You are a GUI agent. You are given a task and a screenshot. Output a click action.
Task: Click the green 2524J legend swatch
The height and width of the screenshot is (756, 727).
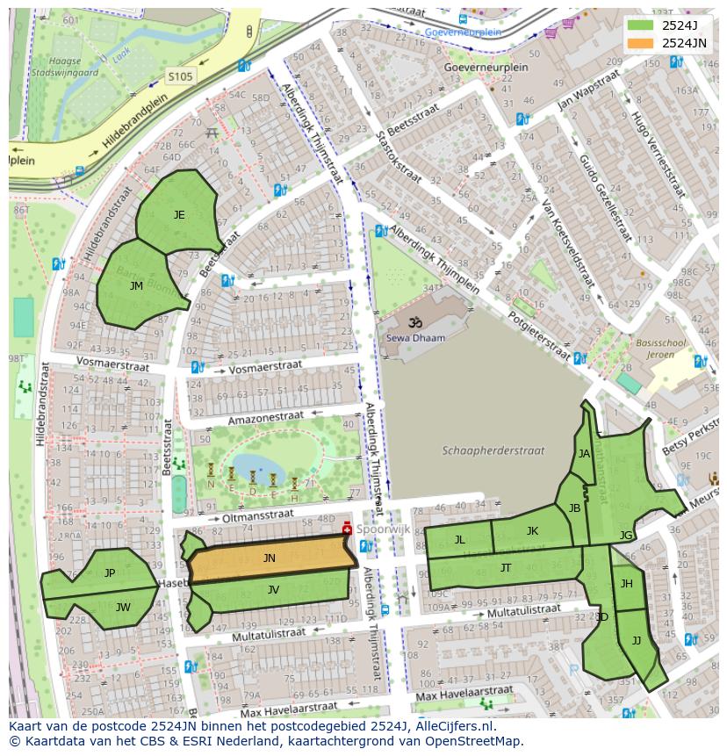click(641, 25)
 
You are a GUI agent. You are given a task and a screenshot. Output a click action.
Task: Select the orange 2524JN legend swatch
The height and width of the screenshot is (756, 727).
click(641, 42)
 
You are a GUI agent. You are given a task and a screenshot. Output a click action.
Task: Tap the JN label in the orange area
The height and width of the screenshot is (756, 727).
click(269, 558)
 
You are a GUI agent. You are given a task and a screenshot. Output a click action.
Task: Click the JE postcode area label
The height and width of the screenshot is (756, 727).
click(179, 214)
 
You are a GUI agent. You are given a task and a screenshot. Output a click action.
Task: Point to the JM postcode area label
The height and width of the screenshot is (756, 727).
click(136, 286)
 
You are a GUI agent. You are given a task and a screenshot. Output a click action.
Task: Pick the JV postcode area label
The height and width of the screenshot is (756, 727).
click(273, 590)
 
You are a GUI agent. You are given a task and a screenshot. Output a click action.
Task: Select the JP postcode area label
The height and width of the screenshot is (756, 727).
click(110, 573)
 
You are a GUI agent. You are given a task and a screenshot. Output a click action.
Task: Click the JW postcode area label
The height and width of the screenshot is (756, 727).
click(123, 607)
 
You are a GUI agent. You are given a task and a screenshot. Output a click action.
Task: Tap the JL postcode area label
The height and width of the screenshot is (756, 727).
click(459, 540)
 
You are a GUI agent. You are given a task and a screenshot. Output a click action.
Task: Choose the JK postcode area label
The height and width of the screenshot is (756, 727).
click(532, 531)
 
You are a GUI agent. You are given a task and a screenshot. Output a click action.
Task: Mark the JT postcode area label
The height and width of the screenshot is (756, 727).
click(506, 568)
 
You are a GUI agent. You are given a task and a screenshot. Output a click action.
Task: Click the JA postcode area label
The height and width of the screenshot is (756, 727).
click(584, 454)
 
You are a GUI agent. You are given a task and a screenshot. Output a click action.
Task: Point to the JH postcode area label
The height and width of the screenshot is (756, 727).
click(627, 584)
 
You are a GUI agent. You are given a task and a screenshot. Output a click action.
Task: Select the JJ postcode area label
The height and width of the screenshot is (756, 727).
click(637, 641)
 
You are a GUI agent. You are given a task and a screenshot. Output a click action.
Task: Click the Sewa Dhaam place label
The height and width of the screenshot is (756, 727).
click(416, 337)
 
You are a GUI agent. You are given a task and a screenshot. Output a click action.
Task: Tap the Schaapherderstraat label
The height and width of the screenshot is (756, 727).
click(493, 450)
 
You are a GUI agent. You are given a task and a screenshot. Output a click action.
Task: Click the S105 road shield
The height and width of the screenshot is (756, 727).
click(180, 77)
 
